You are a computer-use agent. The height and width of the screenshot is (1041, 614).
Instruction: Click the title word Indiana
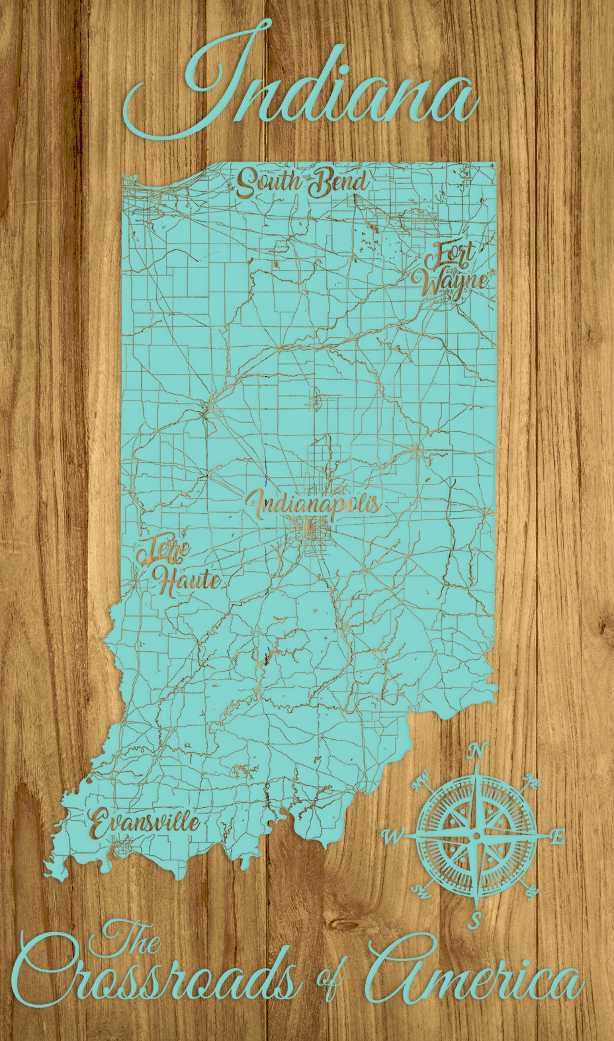(301, 86)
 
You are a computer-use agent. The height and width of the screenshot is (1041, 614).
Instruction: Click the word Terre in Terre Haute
(163, 549)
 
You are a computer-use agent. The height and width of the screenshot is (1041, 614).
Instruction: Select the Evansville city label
(144, 823)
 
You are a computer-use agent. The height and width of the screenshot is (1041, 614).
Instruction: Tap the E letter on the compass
(557, 837)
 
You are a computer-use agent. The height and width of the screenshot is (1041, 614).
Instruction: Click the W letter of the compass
(392, 838)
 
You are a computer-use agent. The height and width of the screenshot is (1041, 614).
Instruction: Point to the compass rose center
(475, 837)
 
